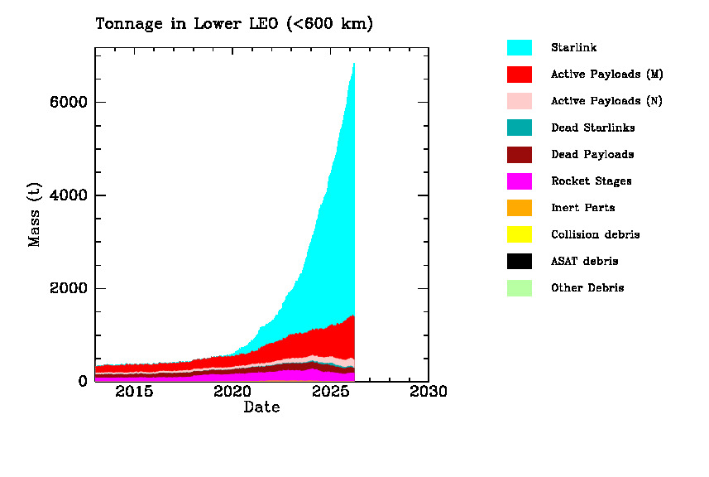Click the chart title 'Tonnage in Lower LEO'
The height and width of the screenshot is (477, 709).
234,24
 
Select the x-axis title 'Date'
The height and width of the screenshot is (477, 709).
261,407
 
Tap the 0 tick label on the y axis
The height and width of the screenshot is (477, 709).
83,381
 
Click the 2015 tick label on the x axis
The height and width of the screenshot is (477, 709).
134,392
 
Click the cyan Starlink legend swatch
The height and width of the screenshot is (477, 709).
519,48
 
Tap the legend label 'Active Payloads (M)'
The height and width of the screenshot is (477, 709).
606,75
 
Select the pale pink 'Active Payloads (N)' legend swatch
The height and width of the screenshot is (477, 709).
519,101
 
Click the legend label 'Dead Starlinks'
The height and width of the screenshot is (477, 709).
592,128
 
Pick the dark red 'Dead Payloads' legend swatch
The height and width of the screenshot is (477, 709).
519,155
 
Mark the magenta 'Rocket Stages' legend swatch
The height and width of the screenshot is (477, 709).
519,181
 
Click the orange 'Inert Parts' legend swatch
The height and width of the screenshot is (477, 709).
519,208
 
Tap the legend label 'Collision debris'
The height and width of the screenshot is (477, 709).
595,234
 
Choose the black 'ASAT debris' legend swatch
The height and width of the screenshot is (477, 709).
519,261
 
